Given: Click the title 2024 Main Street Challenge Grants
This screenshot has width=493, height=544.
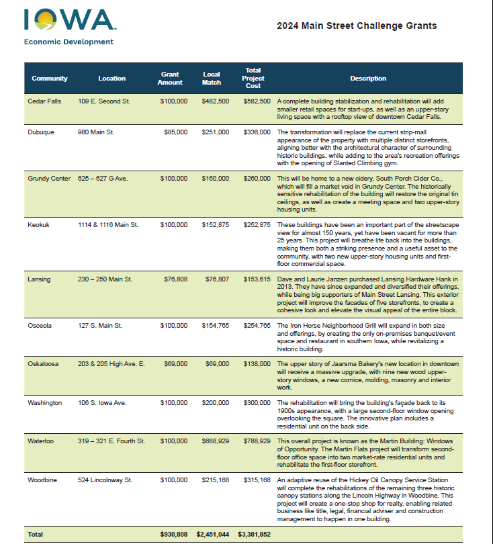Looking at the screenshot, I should click(x=357, y=26).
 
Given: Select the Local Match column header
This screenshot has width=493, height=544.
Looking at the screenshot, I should click(x=212, y=78).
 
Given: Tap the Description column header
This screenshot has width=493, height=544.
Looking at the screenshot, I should click(x=368, y=79).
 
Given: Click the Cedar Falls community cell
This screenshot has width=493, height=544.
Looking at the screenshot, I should click(x=43, y=101).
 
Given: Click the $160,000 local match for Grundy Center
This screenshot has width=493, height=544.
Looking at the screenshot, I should click(x=216, y=179).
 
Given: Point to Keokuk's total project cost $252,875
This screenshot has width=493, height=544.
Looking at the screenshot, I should click(x=257, y=225).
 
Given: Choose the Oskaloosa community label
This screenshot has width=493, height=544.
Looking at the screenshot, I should click(x=43, y=364).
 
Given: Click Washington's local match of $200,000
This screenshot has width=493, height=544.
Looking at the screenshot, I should click(x=216, y=402).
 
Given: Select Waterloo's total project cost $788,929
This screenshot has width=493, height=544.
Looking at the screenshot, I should click(x=257, y=441).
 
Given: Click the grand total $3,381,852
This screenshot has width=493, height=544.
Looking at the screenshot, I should click(x=254, y=534).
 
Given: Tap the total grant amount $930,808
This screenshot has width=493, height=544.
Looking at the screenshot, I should click(x=173, y=534).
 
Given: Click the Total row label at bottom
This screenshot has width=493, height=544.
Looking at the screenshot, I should click(x=35, y=534).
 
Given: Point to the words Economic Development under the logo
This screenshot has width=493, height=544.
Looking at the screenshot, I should click(x=69, y=42).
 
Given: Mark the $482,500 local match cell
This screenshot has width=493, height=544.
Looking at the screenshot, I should click(x=216, y=101).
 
